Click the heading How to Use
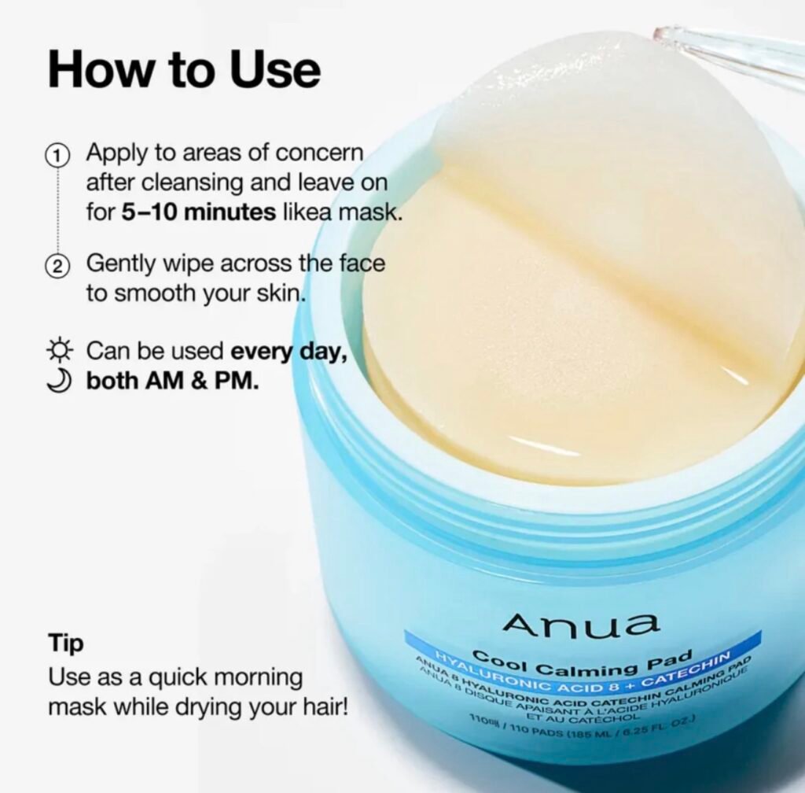click(x=184, y=70)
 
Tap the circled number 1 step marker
click(x=57, y=155)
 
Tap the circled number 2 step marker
click(x=57, y=266)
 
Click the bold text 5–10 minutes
click(x=199, y=212)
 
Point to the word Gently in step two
click(x=119, y=264)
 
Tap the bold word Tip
click(x=66, y=644)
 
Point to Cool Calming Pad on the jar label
click(x=583, y=663)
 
